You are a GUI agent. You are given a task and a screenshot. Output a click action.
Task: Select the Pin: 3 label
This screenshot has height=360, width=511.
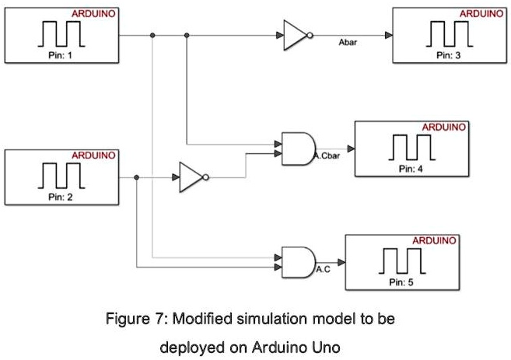point(449,56)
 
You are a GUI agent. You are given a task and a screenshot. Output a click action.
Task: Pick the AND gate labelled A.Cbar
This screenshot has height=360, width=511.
point(298,148)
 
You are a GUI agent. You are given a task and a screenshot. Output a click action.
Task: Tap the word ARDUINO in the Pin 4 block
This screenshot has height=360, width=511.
point(444,127)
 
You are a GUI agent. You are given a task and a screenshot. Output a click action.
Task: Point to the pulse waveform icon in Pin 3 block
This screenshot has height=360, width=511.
point(449,34)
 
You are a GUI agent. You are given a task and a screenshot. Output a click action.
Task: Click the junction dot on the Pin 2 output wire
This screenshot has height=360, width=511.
point(136,177)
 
